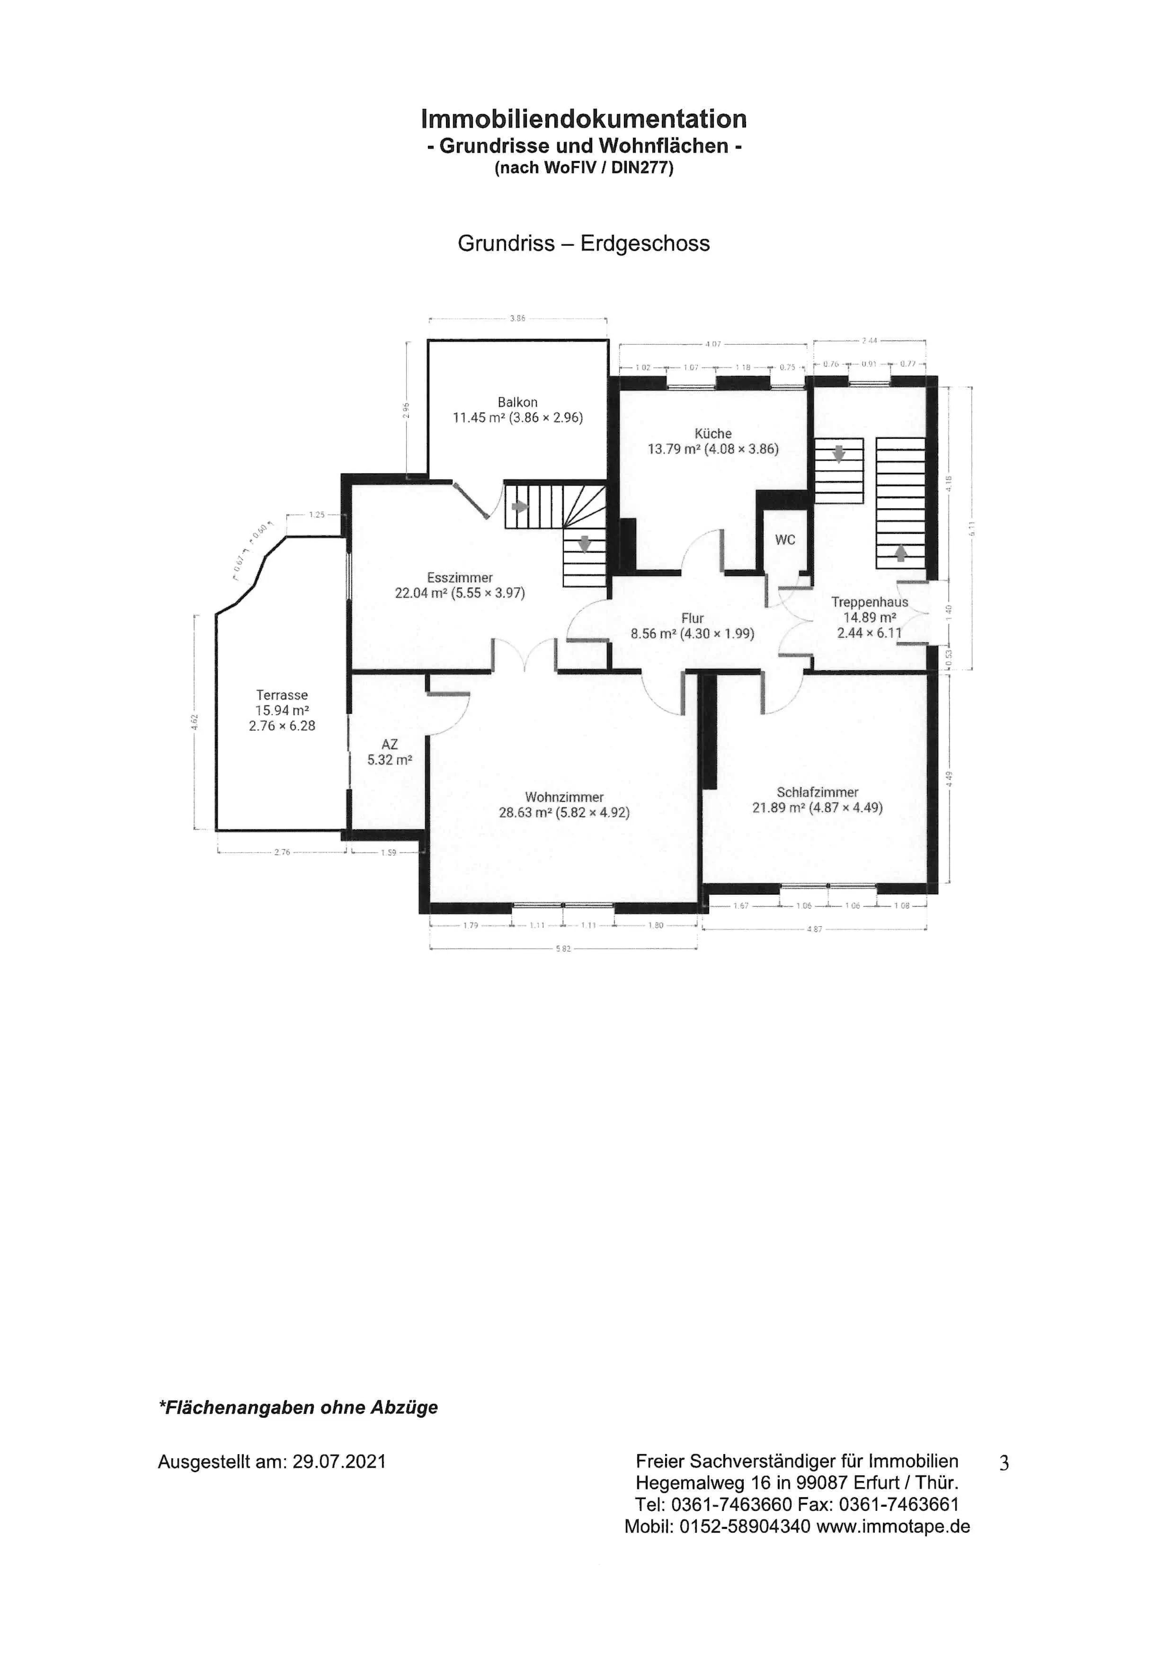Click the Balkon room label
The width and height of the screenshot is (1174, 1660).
click(517, 402)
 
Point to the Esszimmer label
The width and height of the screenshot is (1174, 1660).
click(460, 577)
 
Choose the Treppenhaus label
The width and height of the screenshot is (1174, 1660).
click(869, 602)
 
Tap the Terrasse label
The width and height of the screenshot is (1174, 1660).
click(282, 695)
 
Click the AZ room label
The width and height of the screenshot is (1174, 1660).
click(390, 744)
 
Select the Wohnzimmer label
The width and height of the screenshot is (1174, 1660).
click(564, 797)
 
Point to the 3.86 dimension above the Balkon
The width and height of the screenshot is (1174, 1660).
click(517, 318)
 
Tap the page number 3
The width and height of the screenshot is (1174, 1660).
click(1004, 1464)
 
